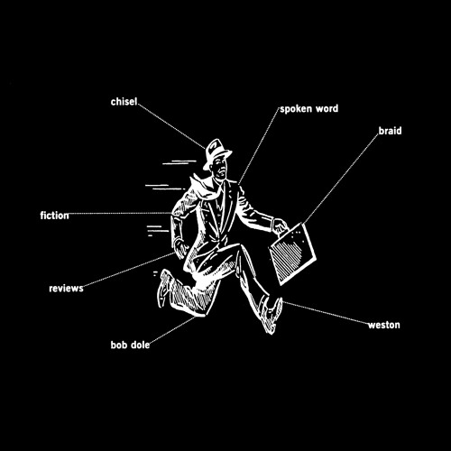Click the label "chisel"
click(x=124, y=102)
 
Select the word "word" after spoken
click(x=327, y=108)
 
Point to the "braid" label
click(x=390, y=131)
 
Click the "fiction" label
click(x=54, y=216)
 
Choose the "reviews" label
click(x=66, y=289)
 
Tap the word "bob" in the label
click(x=119, y=345)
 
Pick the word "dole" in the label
click(x=140, y=345)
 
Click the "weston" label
click(x=384, y=325)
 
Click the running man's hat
click(x=216, y=152)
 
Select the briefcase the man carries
click(x=293, y=254)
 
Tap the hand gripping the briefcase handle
click(x=281, y=226)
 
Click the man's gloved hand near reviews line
click(x=181, y=248)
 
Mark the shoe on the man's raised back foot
click(x=163, y=288)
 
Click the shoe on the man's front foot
click(x=272, y=316)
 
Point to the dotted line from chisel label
click(x=171, y=126)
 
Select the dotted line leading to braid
click(x=340, y=179)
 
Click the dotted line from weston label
click(x=326, y=313)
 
